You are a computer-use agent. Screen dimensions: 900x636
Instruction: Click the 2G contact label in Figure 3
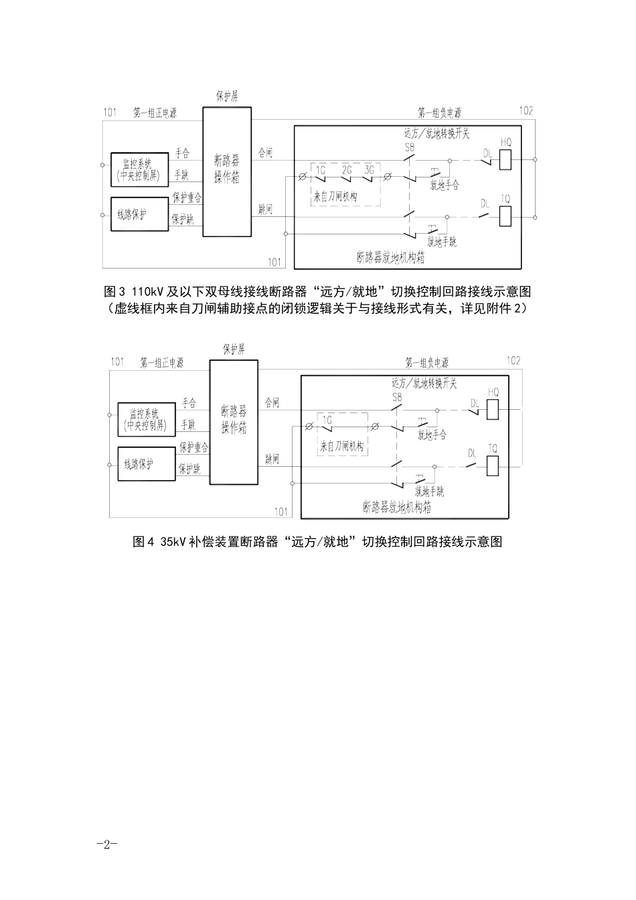[346, 170]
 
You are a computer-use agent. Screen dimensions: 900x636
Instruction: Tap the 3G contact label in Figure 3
[369, 170]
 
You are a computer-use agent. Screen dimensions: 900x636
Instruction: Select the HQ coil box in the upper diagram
[505, 159]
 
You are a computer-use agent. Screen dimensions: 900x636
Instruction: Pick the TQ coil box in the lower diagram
[493, 465]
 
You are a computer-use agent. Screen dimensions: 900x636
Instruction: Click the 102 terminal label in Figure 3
[526, 111]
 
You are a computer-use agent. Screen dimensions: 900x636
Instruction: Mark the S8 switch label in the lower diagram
[396, 398]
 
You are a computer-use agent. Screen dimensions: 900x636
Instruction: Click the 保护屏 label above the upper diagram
[226, 96]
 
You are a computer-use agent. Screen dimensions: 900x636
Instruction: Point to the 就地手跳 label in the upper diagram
[444, 242]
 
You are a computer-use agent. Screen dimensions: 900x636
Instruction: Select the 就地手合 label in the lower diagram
[432, 435]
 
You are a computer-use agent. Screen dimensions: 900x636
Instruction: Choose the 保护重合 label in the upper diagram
[187, 198]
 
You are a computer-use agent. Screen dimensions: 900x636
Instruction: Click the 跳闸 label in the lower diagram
[272, 458]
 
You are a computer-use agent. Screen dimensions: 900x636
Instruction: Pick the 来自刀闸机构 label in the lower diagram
[341, 447]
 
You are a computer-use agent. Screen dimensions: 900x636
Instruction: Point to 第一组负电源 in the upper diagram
[439, 112]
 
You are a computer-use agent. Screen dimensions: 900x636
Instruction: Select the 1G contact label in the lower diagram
[327, 419]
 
